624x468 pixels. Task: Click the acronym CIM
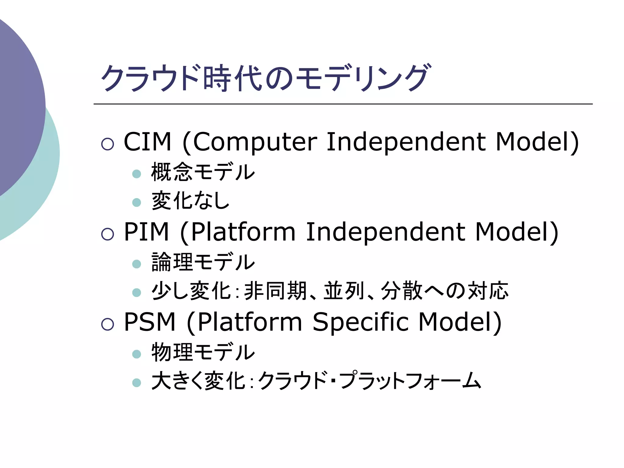point(147,142)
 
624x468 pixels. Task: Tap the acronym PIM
point(147,232)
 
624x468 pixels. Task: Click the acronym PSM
point(150,322)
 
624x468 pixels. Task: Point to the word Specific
point(360,322)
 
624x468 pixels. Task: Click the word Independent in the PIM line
point(385,232)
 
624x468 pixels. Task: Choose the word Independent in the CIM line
point(406,142)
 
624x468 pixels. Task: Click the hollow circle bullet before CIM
point(108,144)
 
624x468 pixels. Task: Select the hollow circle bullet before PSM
point(108,324)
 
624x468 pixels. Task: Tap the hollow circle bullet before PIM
point(108,234)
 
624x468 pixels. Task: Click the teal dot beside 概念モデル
point(137,174)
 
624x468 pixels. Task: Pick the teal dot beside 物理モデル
point(137,354)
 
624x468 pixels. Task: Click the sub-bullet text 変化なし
point(190,201)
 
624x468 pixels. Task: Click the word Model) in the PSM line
point(460,322)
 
